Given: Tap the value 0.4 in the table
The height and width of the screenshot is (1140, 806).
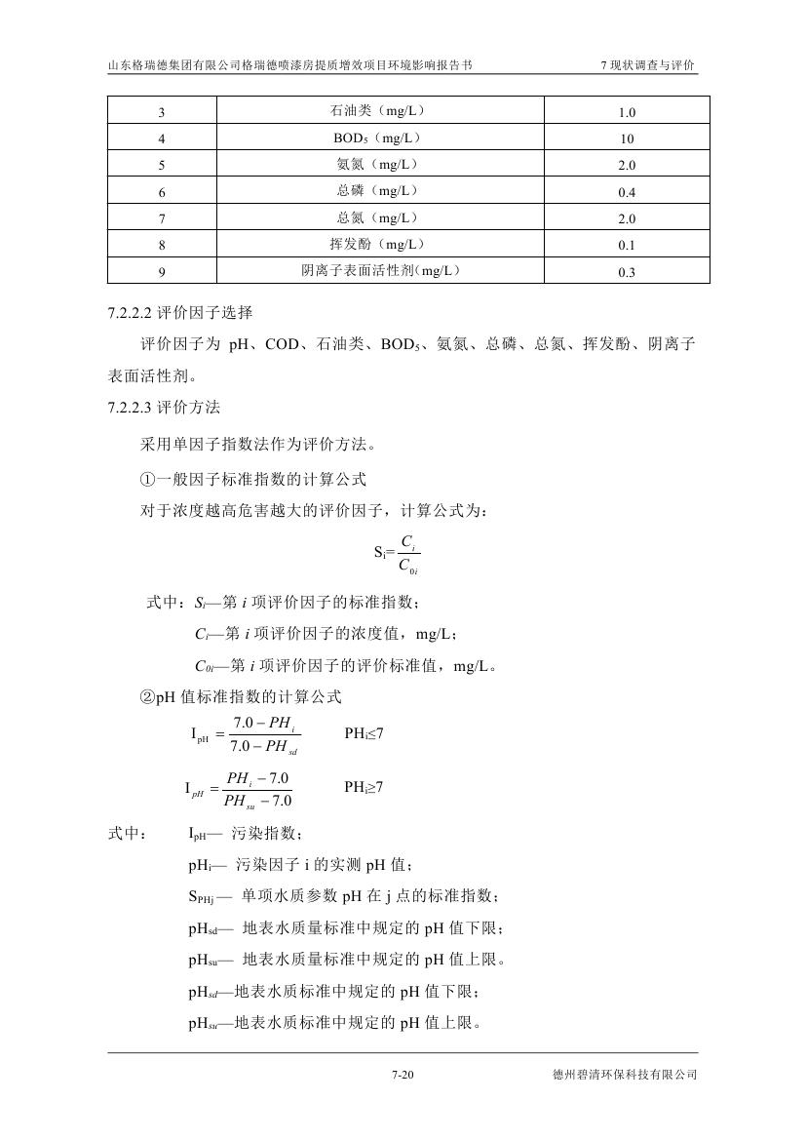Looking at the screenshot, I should [626, 192].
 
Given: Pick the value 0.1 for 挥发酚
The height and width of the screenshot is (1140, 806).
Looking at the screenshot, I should [626, 246].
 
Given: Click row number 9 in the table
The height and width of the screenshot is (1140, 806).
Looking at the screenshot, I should [161, 272].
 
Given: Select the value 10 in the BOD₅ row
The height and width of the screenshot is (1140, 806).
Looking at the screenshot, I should [626, 138].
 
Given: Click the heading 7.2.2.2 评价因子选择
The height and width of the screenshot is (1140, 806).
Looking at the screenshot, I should [180, 313].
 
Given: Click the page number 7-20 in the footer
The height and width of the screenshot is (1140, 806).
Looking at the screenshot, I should [403, 1075].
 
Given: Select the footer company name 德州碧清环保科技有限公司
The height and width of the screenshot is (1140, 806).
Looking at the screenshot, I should [625, 1075].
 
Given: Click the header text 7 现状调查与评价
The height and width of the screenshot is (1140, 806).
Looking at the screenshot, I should [648, 65].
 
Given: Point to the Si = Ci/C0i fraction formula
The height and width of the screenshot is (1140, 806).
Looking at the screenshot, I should [397, 552].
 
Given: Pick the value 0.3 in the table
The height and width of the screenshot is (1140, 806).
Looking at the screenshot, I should [626, 272].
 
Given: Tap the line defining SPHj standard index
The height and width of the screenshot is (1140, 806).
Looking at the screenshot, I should [344, 896].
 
